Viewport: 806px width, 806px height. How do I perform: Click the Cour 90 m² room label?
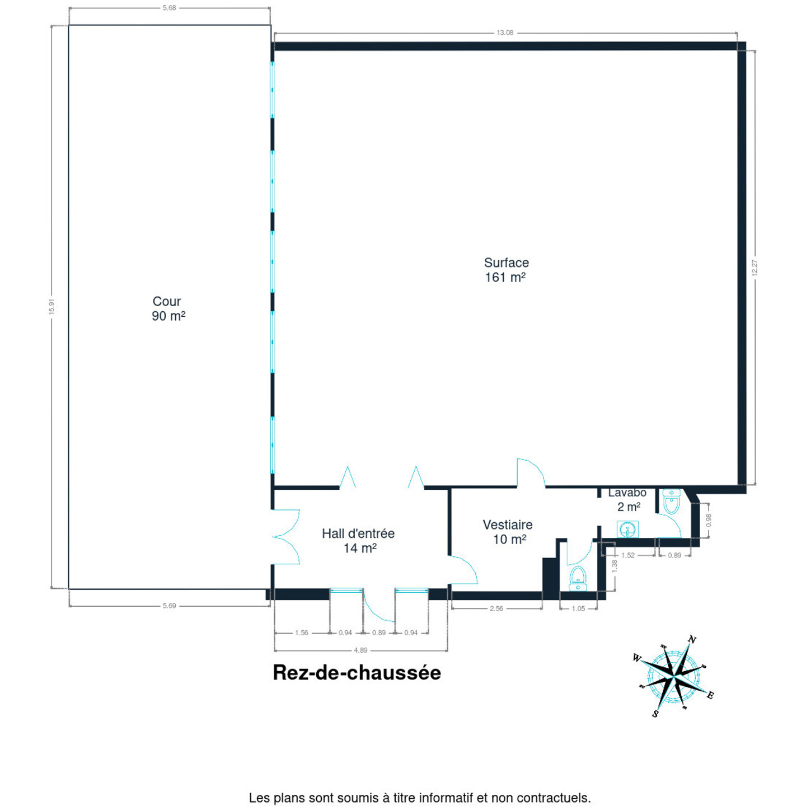[x=168, y=308]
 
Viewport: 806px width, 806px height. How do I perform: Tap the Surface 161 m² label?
[x=506, y=270]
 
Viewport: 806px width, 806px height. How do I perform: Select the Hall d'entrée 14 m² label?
[x=358, y=540]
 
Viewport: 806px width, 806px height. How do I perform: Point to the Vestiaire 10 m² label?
[x=507, y=532]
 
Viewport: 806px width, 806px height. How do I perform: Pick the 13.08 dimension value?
[x=505, y=32]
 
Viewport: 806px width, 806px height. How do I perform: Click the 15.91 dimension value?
[x=52, y=307]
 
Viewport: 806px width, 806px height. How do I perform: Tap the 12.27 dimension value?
[x=755, y=268]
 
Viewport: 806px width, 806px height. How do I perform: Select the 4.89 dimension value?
[x=360, y=650]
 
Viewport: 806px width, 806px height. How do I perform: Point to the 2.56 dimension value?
[x=496, y=608]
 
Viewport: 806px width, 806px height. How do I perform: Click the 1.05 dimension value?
[x=578, y=608]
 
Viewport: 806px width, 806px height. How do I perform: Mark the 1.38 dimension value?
[x=614, y=566]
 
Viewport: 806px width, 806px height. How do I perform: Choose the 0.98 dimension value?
[x=708, y=520]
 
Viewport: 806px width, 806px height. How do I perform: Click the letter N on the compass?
[x=692, y=640]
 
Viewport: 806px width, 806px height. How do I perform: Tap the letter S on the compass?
[x=655, y=714]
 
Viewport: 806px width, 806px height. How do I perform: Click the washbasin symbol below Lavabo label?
[x=627, y=529]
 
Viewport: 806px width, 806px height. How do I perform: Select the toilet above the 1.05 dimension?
[x=578, y=578]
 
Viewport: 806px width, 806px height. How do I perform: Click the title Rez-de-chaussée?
[x=357, y=673]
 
